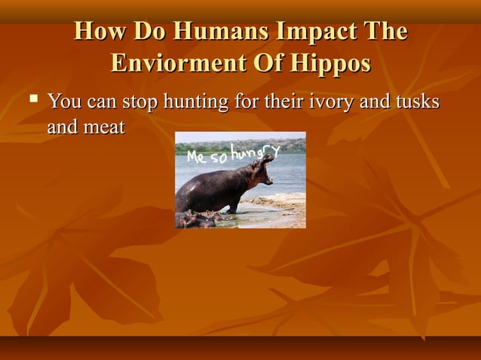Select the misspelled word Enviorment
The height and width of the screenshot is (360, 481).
171,63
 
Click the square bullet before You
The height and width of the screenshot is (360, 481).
33,99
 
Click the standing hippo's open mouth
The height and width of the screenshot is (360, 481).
265,170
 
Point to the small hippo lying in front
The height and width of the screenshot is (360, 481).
198,219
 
